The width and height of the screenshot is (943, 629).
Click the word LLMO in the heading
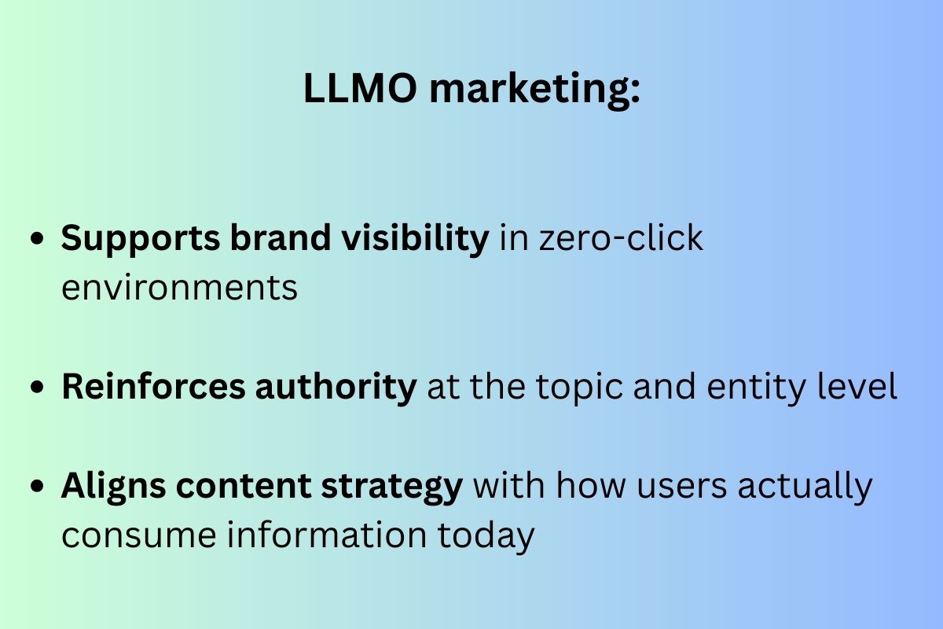pos(360,90)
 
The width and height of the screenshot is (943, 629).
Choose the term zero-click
pos(621,238)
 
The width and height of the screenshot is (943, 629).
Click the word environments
pos(180,288)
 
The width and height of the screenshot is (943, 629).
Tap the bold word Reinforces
pos(152,388)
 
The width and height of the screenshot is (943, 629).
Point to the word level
pos(861,388)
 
